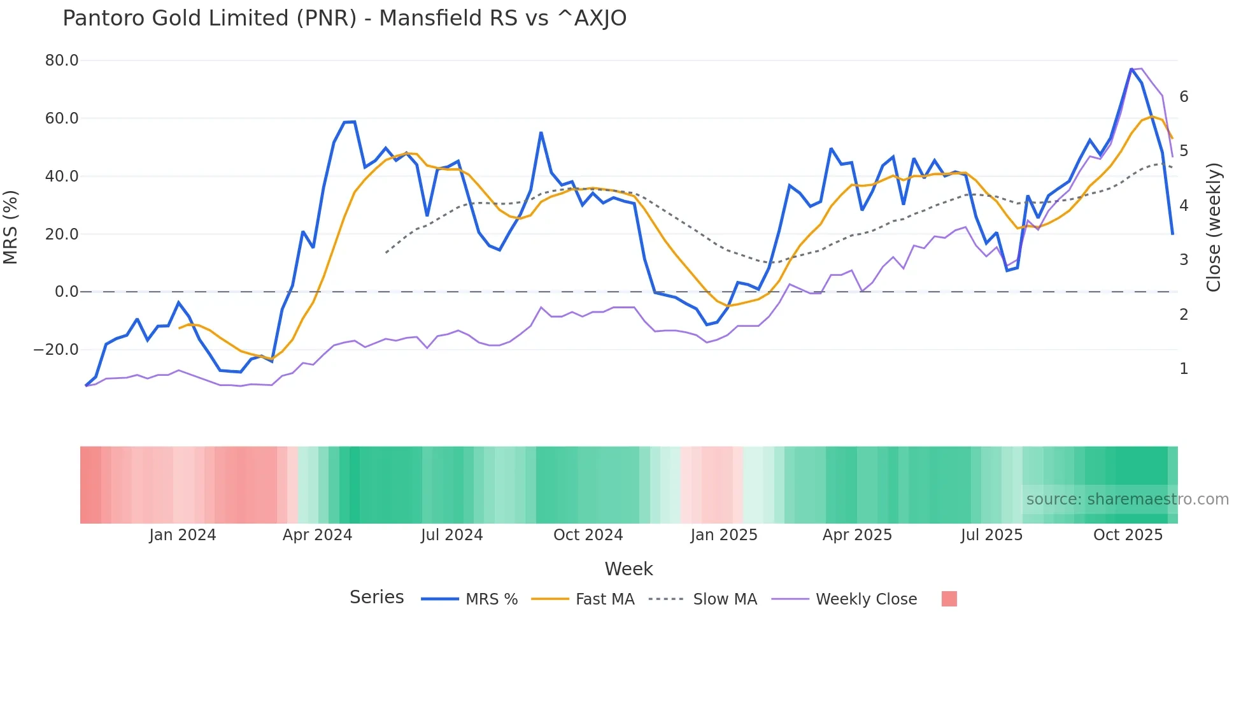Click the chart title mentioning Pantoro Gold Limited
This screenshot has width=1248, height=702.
tap(344, 18)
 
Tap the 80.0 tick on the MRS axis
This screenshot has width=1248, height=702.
tap(62, 61)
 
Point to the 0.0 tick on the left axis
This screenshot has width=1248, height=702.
tap(66, 292)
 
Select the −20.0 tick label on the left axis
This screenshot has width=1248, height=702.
tap(56, 350)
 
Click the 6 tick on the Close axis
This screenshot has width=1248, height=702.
tap(1184, 97)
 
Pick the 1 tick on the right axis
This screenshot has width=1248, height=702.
tap(1184, 369)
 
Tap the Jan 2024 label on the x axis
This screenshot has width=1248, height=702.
tap(183, 535)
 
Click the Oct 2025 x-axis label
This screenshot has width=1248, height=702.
tap(1128, 535)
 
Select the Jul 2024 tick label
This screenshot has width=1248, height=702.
tap(452, 535)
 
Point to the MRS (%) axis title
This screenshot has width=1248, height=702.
tap(11, 227)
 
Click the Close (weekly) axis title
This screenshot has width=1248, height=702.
tap(1214, 227)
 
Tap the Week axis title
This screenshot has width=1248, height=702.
tap(628, 569)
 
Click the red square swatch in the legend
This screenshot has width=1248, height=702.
tap(949, 599)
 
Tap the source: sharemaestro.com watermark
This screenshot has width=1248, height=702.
tap(1127, 499)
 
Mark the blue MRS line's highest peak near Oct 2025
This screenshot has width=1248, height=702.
tap(1131, 69)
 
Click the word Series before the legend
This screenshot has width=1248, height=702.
tap(377, 598)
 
